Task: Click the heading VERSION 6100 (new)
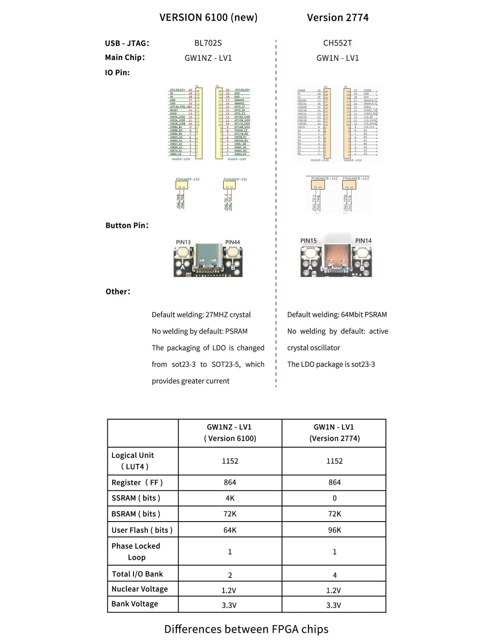tap(208, 18)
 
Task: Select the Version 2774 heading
tap(338, 18)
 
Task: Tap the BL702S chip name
tap(208, 43)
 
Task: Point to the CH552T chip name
tap(337, 43)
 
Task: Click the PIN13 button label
tap(183, 242)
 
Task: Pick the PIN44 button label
tap(232, 242)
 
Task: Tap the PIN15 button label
tap(308, 241)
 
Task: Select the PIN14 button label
tap(363, 241)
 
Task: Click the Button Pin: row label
tap(127, 225)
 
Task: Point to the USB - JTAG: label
tap(127, 43)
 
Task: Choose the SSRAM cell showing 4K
tap(230, 498)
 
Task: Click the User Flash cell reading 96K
tap(335, 530)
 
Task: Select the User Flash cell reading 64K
tap(230, 530)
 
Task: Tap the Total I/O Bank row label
tap(138, 574)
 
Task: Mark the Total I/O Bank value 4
tap(335, 575)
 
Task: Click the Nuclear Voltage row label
tap(139, 589)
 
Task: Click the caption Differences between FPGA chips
tap(246, 629)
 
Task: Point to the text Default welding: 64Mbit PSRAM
tap(337, 315)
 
